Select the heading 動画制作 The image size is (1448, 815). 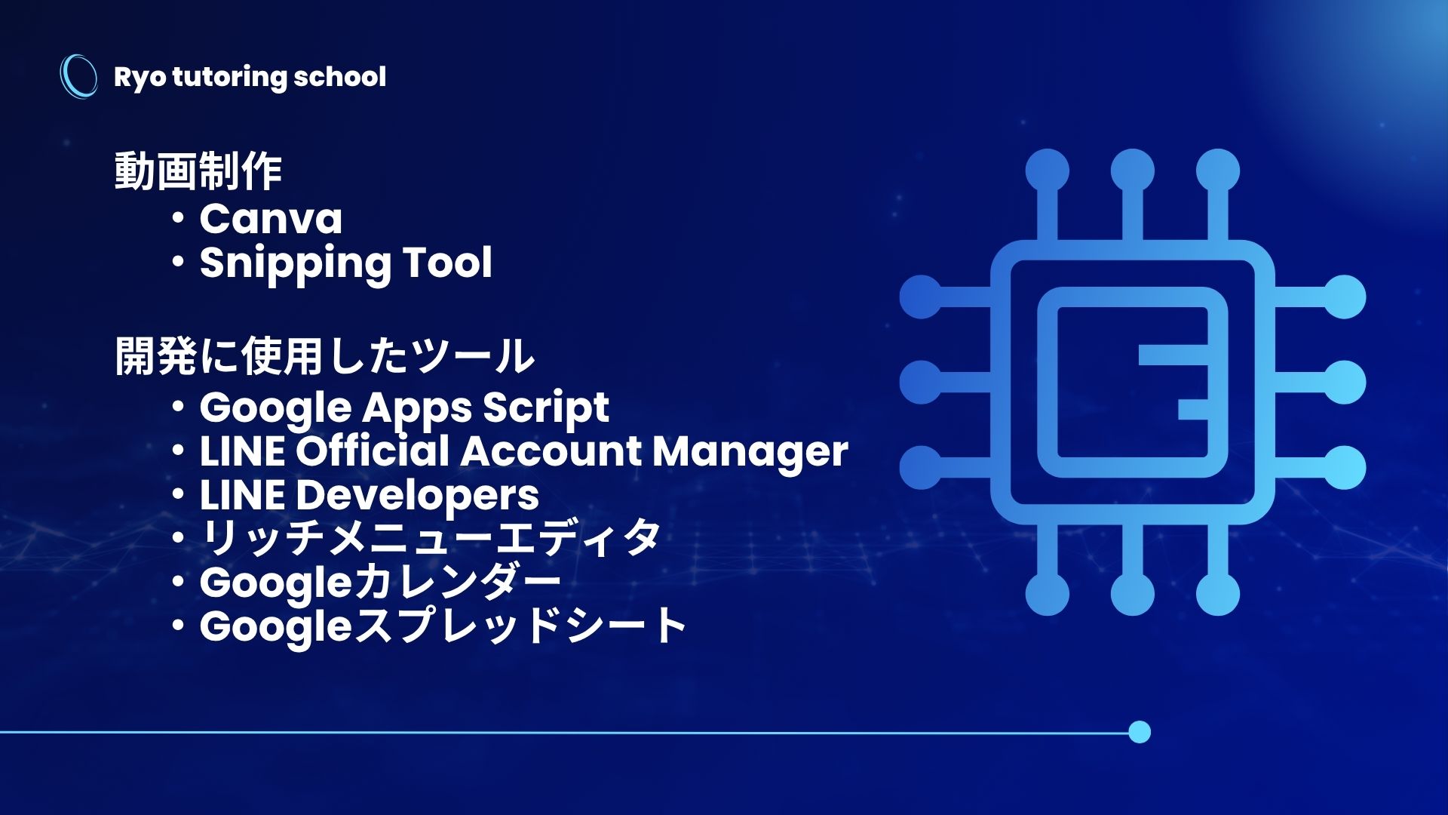[198, 171]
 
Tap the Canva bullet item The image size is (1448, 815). [271, 219]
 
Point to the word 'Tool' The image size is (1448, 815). [447, 262]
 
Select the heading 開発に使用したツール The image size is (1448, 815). [324, 355]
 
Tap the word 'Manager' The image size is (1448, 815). [750, 452]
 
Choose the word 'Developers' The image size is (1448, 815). [417, 497]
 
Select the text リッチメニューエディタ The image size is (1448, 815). [431, 538]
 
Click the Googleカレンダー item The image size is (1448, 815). [380, 583]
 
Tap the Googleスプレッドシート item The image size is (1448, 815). [443, 626]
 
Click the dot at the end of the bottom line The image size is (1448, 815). [1140, 732]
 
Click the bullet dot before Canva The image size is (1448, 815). [178, 219]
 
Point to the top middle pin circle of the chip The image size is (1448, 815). [1132, 171]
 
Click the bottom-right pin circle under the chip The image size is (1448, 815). [1217, 594]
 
